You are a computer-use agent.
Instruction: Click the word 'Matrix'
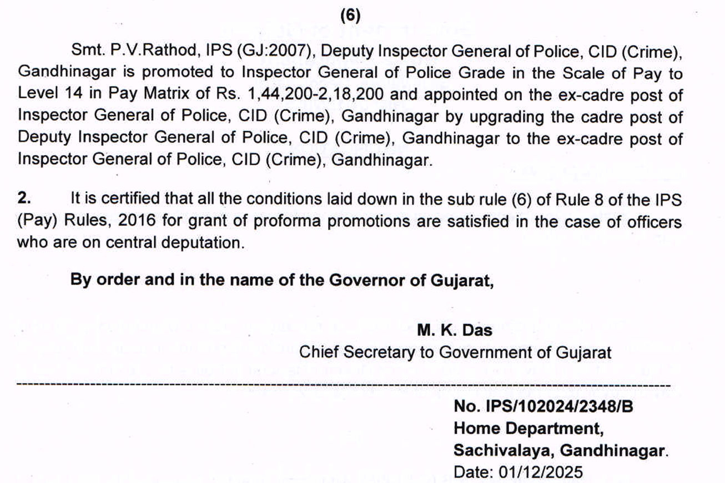point(169,95)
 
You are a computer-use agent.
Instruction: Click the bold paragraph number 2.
point(24,199)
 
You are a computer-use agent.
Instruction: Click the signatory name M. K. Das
point(454,331)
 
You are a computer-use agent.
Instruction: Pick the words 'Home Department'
point(528,428)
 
